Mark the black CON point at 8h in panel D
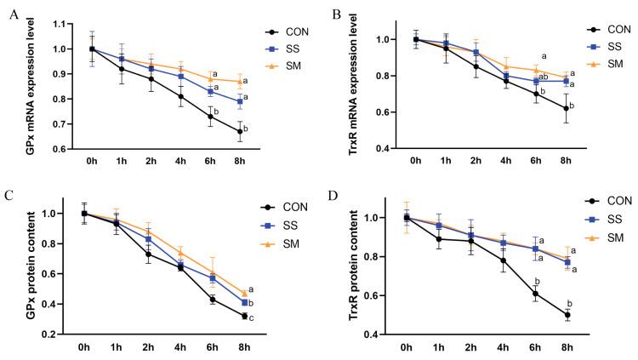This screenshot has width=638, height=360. coord(544,314)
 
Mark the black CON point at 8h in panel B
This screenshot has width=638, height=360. coord(544,108)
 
